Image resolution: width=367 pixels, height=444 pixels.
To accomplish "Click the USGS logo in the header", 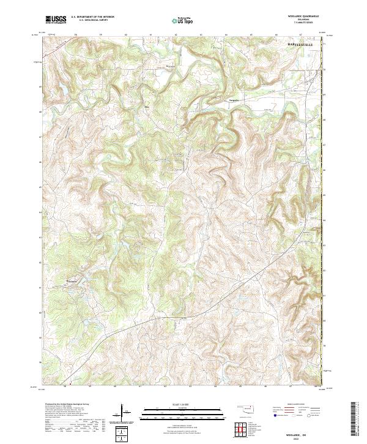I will pos(56,20).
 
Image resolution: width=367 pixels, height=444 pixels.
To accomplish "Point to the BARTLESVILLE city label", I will pos(303,45).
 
